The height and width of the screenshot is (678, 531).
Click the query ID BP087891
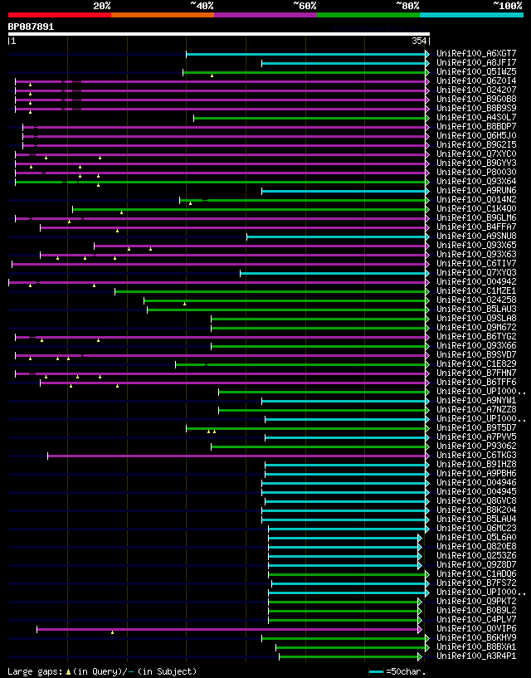pyautogui.click(x=31, y=27)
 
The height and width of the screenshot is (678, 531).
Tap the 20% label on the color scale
pyautogui.click(x=102, y=6)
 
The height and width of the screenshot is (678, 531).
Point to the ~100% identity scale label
pyautogui.click(x=507, y=6)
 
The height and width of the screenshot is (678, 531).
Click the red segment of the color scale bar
pyautogui.click(x=59, y=14)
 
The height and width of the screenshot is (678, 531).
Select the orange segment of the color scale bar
pyautogui.click(x=162, y=14)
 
